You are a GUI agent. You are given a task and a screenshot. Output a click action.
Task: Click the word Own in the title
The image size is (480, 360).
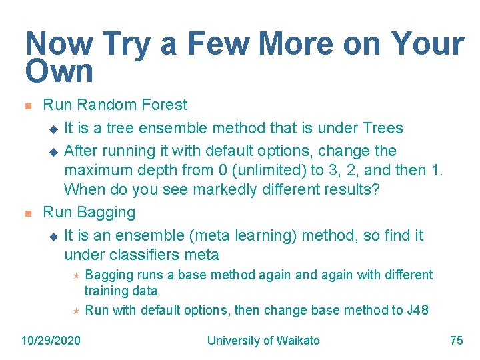tap(59, 71)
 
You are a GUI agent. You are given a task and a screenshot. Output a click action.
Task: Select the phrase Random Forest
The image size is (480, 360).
tap(132, 105)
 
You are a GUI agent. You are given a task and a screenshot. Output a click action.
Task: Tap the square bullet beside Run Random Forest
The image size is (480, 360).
tap(27, 105)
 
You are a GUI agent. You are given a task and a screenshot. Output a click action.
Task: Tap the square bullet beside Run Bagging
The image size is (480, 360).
tap(27, 213)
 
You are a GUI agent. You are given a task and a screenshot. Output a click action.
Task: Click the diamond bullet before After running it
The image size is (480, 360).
tap(54, 151)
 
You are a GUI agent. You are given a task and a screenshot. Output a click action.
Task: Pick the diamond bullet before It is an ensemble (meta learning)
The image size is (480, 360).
tap(54, 236)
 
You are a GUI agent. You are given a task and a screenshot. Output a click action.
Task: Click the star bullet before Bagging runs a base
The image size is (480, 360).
tap(76, 275)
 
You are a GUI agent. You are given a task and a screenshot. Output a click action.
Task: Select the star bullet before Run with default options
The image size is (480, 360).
tap(76, 311)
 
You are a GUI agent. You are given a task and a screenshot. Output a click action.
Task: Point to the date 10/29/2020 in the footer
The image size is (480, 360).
tap(51, 341)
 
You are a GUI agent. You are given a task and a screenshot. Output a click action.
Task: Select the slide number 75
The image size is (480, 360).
tap(457, 341)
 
